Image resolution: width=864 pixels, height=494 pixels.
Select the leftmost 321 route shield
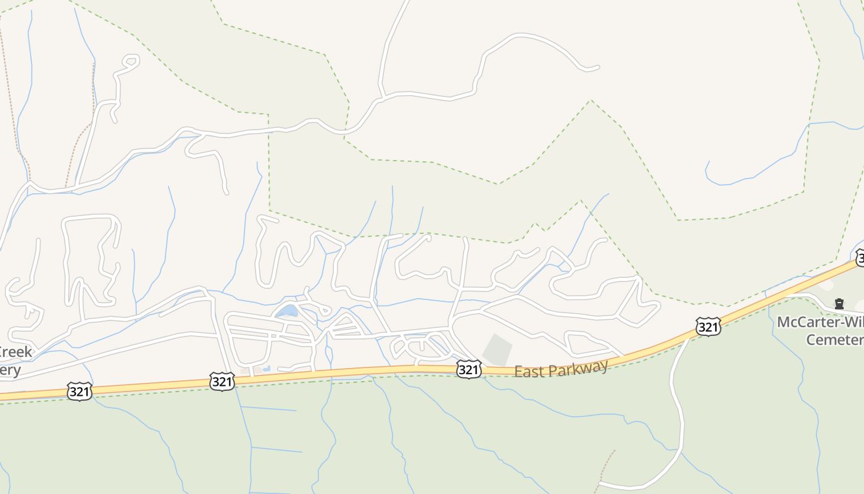[80, 391]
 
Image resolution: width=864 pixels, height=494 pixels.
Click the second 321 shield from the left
[222, 382]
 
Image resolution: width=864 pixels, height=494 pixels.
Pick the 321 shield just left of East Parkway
[468, 369]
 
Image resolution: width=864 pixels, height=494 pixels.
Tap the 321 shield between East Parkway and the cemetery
[708, 326]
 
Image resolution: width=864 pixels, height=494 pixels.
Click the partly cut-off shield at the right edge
[860, 257]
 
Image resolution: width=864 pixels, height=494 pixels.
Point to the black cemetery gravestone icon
[839, 303]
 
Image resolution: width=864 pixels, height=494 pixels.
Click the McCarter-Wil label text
[820, 322]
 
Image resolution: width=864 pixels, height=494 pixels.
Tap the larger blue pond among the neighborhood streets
[287, 311]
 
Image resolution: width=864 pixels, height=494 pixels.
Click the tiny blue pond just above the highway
[266, 369]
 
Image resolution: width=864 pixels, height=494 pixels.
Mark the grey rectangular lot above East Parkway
[497, 350]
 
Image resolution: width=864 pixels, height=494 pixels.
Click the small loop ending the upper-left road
[130, 61]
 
